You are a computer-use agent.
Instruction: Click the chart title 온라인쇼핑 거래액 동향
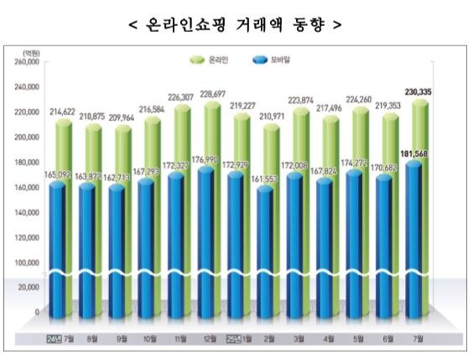click(x=236, y=24)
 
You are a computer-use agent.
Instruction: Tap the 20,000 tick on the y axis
click(x=27, y=286)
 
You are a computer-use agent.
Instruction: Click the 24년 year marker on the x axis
click(x=52, y=340)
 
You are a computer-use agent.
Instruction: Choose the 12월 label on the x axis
click(x=208, y=340)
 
